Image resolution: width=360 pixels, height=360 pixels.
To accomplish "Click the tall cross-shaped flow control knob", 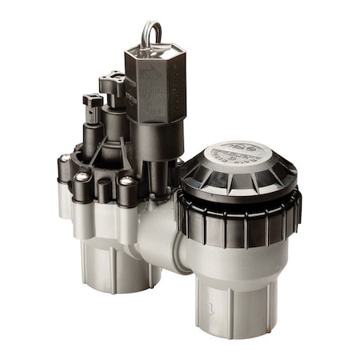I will [111, 83].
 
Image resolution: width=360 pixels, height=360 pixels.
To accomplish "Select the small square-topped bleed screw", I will [93, 102].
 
